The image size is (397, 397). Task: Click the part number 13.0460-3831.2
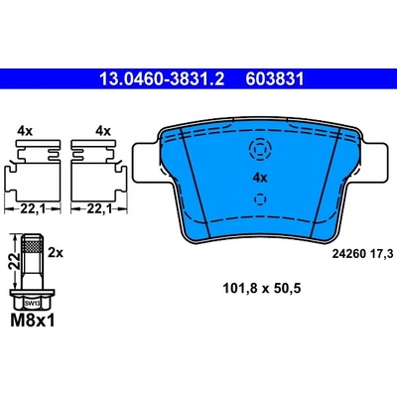[x=162, y=79]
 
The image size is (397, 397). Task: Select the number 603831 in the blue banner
[x=275, y=79]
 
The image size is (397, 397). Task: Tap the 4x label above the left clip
[x=25, y=131]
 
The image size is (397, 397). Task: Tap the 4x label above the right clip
[x=103, y=131]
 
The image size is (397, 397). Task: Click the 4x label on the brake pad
[x=260, y=179]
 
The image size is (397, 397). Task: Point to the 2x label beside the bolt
[x=56, y=253]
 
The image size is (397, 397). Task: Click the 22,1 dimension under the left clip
[x=33, y=208]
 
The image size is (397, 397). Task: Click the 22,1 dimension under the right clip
[x=99, y=208]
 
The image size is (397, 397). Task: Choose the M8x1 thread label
[x=33, y=321]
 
